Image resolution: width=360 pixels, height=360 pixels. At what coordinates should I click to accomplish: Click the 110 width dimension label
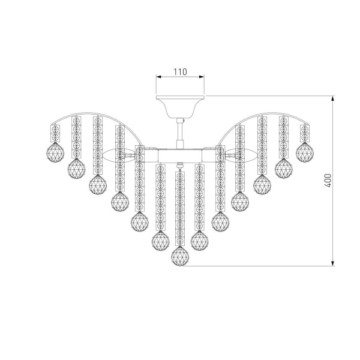[180, 72]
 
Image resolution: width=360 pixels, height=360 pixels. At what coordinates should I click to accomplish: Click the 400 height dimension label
[328, 181]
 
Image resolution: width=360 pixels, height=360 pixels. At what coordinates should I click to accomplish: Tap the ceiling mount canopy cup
[180, 107]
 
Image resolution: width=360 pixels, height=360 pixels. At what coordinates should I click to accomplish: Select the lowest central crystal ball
[180, 256]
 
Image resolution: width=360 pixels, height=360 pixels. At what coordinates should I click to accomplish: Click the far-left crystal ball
[55, 152]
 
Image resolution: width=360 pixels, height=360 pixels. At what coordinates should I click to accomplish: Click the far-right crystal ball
[305, 152]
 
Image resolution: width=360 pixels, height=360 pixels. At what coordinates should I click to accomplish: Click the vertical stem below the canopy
[180, 133]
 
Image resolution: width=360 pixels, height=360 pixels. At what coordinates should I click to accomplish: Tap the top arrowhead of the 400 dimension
[332, 98]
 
